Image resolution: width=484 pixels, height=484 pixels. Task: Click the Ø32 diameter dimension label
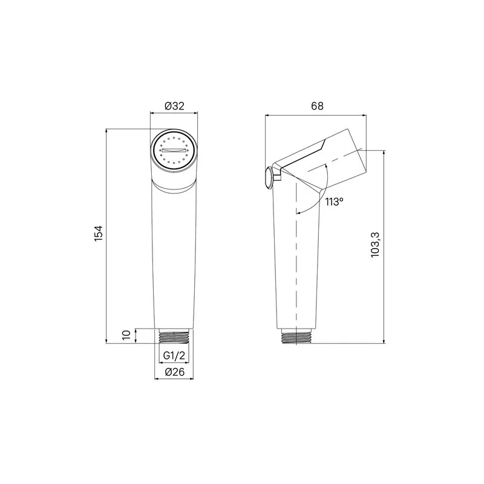[174, 106]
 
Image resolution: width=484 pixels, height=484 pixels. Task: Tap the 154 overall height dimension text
[98, 234]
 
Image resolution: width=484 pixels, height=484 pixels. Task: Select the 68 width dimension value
[317, 106]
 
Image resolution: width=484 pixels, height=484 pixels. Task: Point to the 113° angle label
[335, 202]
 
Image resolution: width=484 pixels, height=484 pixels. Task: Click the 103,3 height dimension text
[375, 245]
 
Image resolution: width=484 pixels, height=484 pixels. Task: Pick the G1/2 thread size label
[174, 356]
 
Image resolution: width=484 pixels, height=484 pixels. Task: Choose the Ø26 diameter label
[174, 372]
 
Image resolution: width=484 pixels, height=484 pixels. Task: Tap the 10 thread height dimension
[126, 335]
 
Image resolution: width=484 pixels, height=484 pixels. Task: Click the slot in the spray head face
[174, 150]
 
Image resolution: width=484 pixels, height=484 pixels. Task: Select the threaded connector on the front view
[174, 336]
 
